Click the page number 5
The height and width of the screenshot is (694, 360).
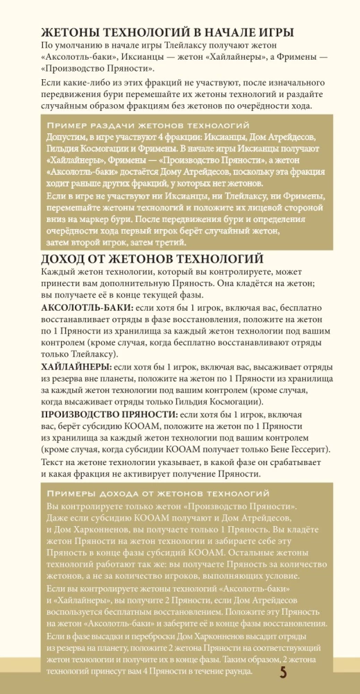(283, 672)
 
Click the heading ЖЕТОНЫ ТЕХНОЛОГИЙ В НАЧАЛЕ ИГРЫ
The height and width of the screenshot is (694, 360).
(167, 33)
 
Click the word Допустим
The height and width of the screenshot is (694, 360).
(68, 137)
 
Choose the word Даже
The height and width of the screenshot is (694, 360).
(59, 518)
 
